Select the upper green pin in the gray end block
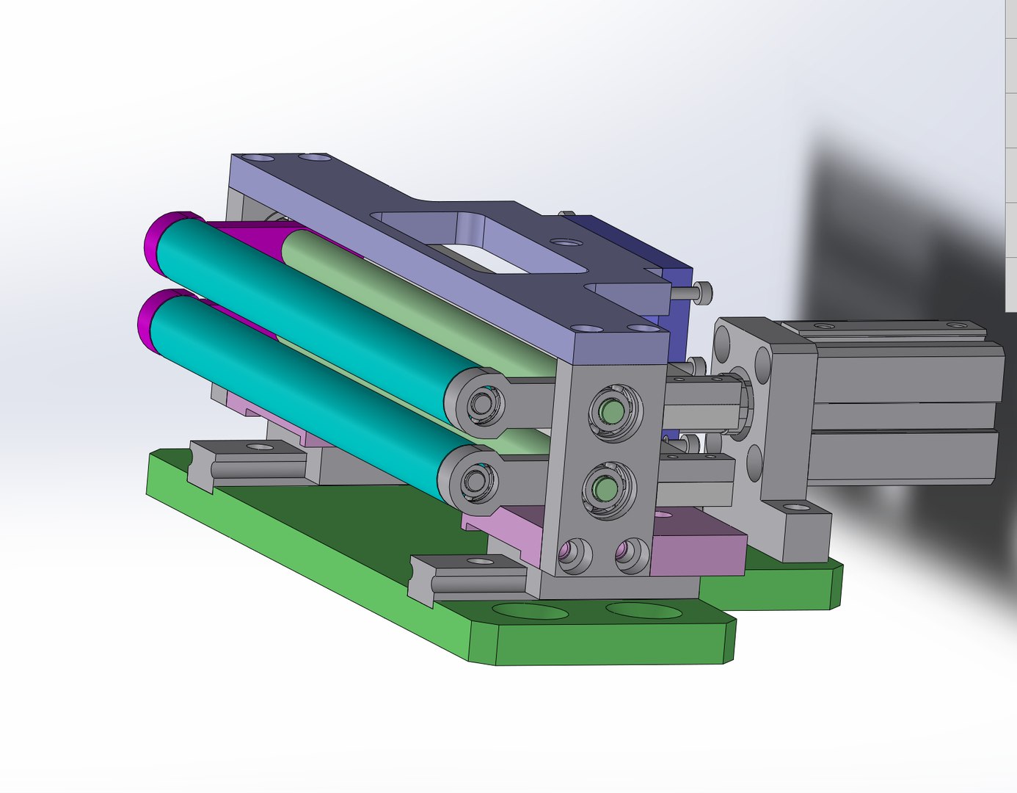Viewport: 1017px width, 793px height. (609, 412)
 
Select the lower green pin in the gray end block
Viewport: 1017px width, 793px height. (605, 488)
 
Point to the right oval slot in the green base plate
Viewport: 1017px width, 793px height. (643, 610)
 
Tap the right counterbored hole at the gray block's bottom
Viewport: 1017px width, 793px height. (630, 555)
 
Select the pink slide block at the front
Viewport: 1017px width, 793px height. (697, 547)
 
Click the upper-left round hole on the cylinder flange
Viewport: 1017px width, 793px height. (722, 342)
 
